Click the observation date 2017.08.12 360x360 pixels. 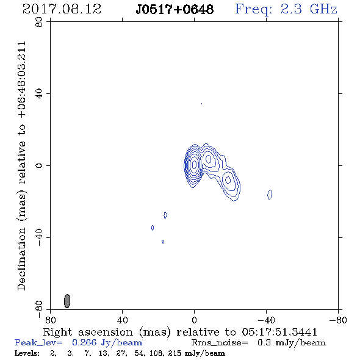[x=62, y=9]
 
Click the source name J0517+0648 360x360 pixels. [x=175, y=9]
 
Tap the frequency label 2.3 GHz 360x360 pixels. [x=309, y=9]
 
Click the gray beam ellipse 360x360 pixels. [x=67, y=301]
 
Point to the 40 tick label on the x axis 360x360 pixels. [x=122, y=320]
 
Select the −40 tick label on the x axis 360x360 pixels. [x=266, y=320]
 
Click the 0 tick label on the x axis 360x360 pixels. [x=194, y=320]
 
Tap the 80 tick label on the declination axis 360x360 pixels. [x=39, y=22]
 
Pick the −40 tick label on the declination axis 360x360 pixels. [x=39, y=237]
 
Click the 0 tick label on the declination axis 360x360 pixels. [x=39, y=165]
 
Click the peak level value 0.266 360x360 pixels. [x=84, y=342]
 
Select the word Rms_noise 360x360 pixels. [x=220, y=343]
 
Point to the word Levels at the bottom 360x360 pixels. [x=27, y=353]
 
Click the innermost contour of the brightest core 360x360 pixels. [x=194, y=164]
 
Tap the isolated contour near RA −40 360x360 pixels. [x=270, y=195]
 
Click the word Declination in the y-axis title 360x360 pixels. [x=21, y=259]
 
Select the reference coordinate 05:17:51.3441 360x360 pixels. [x=279, y=332]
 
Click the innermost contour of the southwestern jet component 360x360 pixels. [x=228, y=180]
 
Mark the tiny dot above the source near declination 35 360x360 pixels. [x=201, y=104]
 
